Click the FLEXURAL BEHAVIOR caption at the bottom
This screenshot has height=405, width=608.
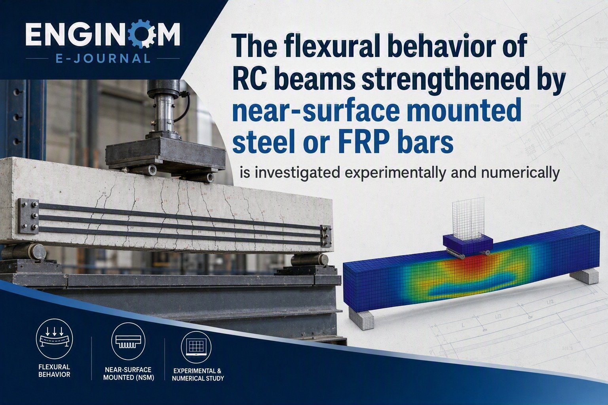[x=54, y=371]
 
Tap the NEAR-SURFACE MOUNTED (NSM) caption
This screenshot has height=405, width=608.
[x=128, y=373]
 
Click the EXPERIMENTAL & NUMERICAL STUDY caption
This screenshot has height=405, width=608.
[x=198, y=375]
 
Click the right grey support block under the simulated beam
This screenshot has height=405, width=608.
[x=584, y=277]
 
